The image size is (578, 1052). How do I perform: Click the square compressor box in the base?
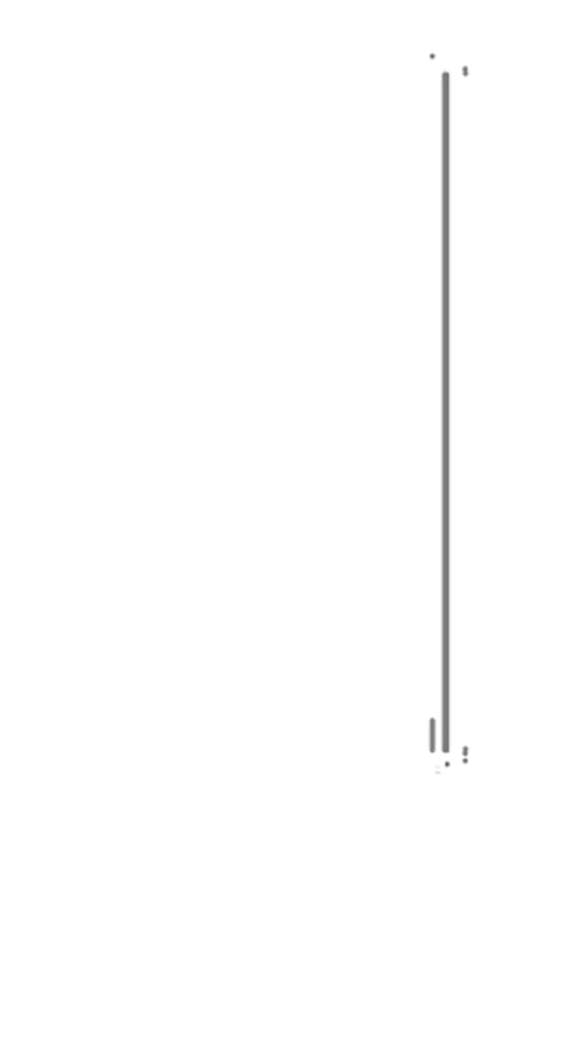314,897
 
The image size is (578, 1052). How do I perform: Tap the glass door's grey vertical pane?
445,405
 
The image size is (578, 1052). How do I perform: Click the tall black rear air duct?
153,457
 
